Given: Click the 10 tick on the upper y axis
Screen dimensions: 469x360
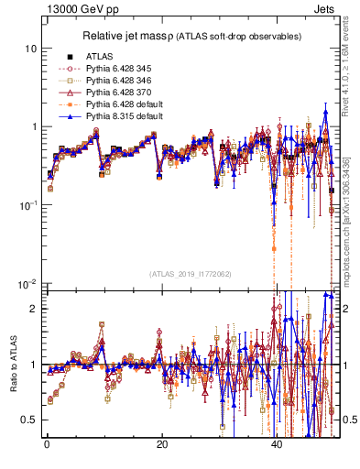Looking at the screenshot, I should pyautogui.click(x=30, y=48).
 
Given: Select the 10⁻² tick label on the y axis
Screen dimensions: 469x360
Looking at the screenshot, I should pyautogui.click(x=27, y=283).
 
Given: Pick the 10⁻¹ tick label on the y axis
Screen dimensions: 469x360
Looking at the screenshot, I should pyautogui.click(x=27, y=204).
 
